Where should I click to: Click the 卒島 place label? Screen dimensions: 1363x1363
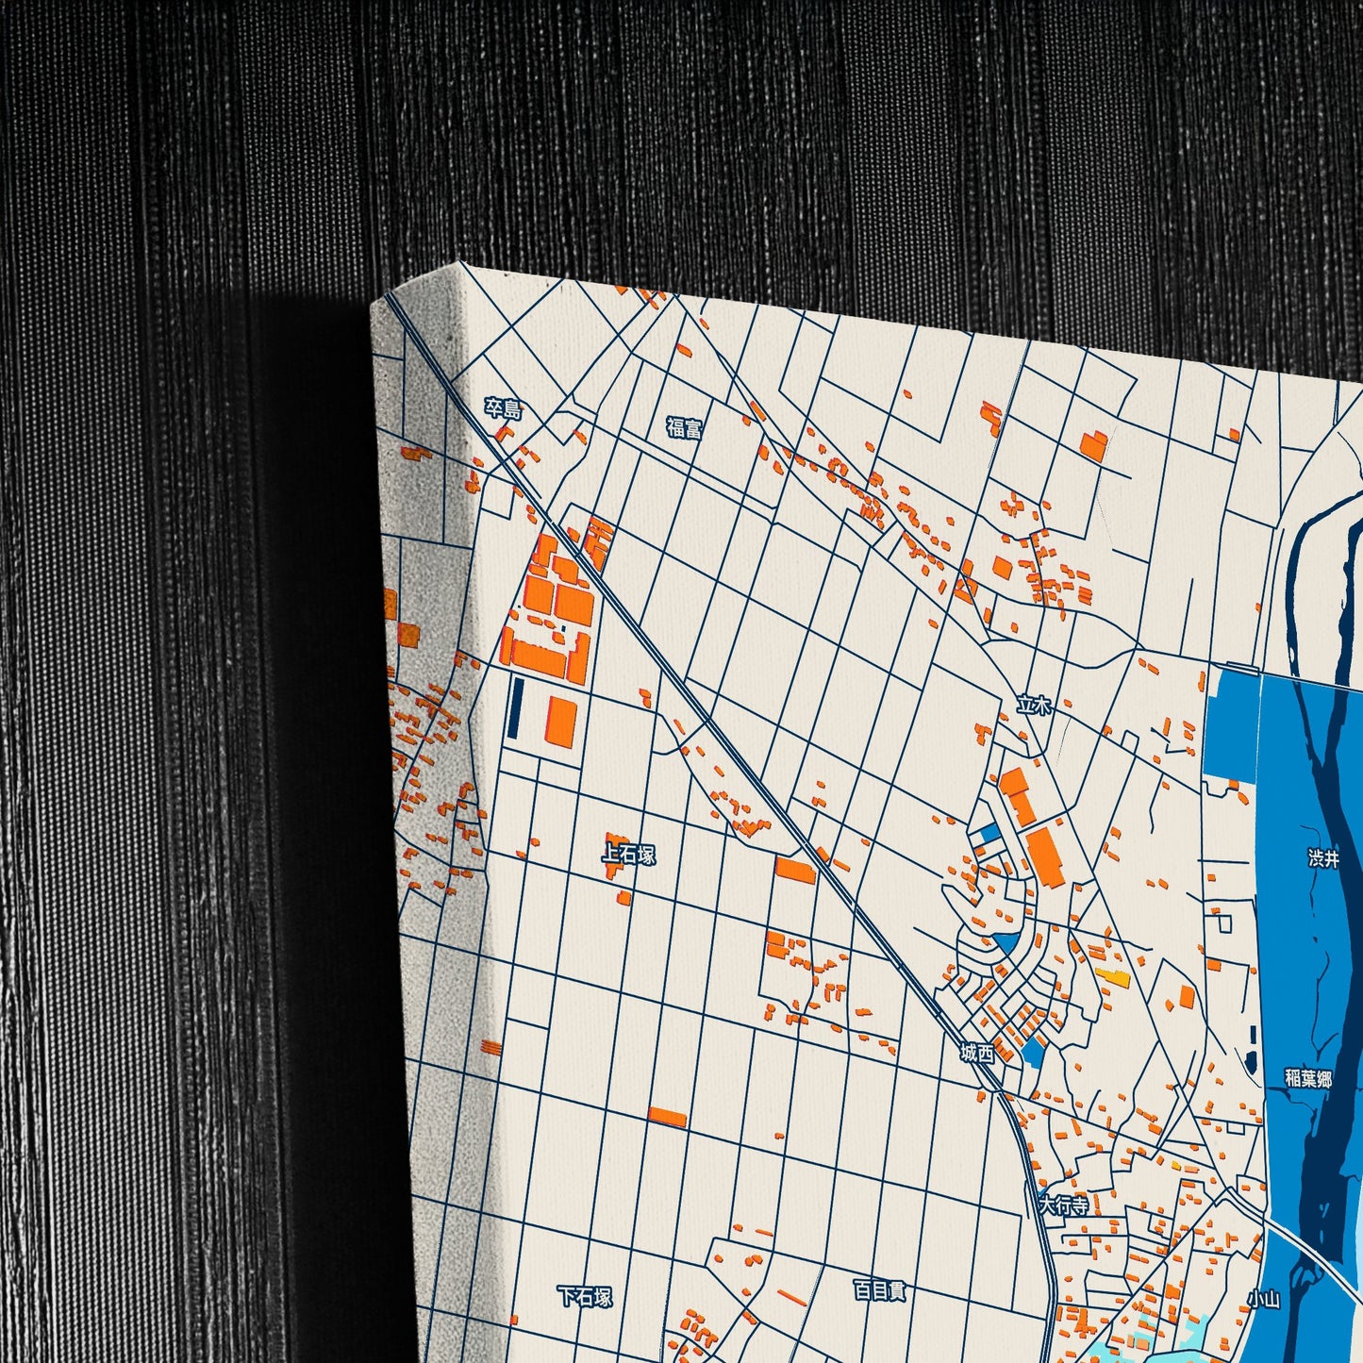tap(503, 408)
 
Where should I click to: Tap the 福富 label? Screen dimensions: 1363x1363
tap(684, 427)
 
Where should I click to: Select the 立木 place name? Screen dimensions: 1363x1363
tap(1034, 705)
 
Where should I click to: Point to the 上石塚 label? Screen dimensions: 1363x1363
tap(628, 855)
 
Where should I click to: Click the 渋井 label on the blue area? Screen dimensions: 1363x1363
tap(1323, 858)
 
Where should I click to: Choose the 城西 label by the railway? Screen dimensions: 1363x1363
tap(977, 1053)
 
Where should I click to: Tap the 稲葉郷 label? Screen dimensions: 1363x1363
tap(1308, 1078)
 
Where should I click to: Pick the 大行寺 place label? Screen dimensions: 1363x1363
tap(1063, 1205)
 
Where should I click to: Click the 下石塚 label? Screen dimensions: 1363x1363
tap(585, 1296)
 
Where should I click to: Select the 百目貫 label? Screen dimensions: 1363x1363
tap(879, 1289)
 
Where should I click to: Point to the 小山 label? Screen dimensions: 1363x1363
tap(1263, 1299)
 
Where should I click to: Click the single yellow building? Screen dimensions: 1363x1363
tap(1113, 978)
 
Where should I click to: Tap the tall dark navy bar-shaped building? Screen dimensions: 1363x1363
tap(516, 707)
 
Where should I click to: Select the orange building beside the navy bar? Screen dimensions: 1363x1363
tap(561, 721)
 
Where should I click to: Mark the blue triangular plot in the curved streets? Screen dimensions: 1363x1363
tap(1006, 941)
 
